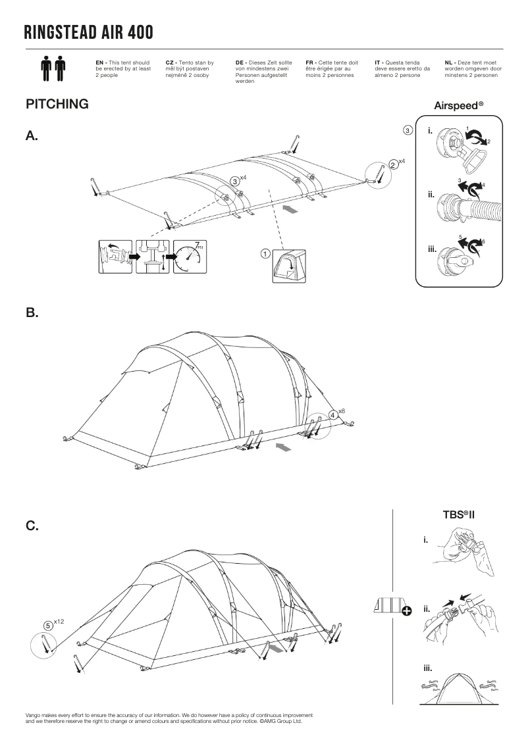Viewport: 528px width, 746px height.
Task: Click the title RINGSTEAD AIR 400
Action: point(88,32)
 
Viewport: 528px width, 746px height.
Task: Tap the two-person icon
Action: point(53,68)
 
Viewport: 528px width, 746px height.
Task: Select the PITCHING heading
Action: point(57,105)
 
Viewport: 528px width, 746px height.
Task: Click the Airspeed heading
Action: point(459,105)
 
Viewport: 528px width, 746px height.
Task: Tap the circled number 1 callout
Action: point(264,253)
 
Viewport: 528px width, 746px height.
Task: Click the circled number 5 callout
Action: point(48,625)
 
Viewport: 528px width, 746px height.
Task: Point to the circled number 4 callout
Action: point(333,414)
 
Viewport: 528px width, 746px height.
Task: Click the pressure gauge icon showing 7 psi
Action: point(190,257)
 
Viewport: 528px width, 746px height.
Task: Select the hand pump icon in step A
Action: point(153,257)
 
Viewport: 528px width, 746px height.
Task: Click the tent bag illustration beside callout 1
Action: point(290,266)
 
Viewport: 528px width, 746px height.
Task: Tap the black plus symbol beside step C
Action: point(406,611)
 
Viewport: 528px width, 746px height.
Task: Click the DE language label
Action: point(240,62)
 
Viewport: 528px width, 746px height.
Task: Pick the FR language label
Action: point(311,62)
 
